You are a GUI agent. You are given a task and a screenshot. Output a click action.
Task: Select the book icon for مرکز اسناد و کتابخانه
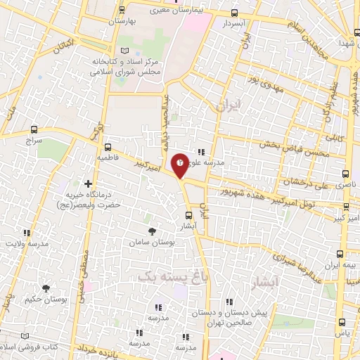(x=125, y=51)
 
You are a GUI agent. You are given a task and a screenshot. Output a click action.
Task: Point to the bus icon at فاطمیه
(x=108, y=148)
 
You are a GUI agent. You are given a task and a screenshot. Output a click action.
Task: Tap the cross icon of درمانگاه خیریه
(x=88, y=183)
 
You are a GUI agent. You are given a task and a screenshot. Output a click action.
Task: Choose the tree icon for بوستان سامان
(x=152, y=230)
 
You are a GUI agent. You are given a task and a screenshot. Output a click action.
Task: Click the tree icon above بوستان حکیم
(x=46, y=287)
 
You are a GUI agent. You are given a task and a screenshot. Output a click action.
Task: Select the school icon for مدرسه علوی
(x=201, y=152)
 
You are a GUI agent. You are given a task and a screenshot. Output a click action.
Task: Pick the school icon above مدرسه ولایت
(x=27, y=233)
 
